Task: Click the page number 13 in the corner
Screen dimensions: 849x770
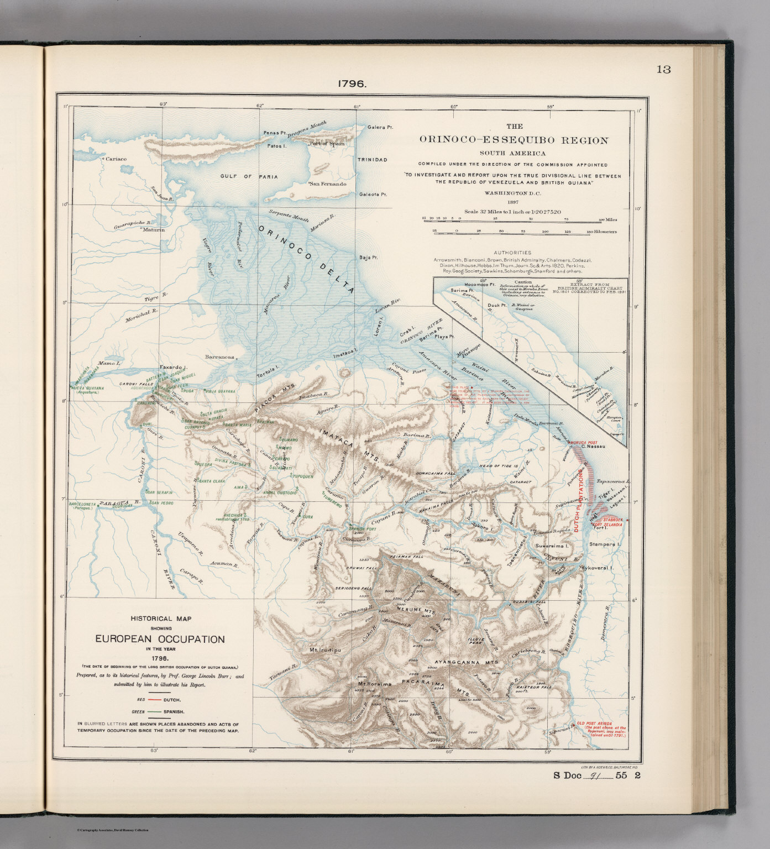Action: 663,70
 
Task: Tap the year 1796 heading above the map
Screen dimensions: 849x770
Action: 352,84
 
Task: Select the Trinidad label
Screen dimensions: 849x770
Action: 372,160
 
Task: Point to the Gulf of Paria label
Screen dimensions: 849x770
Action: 249,177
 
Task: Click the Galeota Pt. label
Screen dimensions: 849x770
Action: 373,194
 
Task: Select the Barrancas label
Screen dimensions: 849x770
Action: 219,357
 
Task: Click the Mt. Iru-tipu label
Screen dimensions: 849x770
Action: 325,650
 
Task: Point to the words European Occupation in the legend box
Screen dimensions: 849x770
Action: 160,640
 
